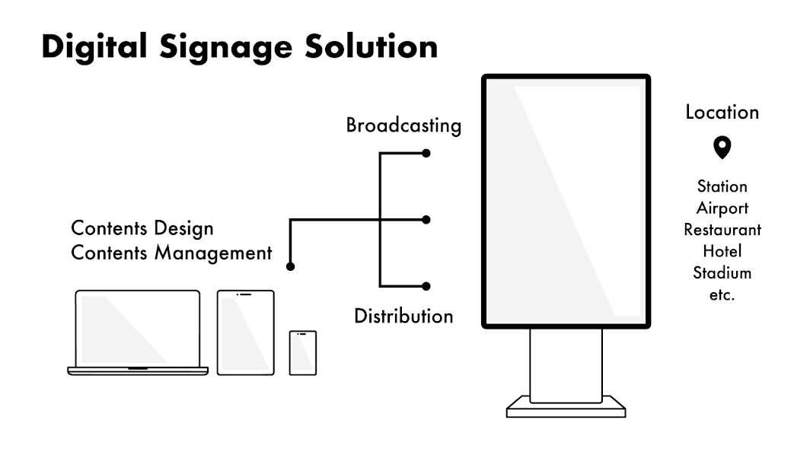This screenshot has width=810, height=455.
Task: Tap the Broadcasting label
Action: tap(403, 126)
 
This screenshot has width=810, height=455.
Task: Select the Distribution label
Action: tap(403, 315)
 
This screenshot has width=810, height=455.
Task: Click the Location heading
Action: tap(722, 113)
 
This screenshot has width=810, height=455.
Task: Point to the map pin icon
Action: tap(721, 146)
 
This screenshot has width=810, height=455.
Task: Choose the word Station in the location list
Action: tap(722, 186)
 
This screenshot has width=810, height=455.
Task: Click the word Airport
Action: tap(722, 208)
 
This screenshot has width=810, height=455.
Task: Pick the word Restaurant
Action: tap(722, 229)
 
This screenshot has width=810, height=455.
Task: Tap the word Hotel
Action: tap(722, 250)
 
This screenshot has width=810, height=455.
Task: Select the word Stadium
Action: tap(722, 272)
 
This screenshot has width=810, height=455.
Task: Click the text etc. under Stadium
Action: tap(722, 294)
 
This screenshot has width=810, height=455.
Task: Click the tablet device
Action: tap(245, 332)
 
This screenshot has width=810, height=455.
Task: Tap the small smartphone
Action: tap(302, 352)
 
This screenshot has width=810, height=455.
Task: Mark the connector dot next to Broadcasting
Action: tap(426, 154)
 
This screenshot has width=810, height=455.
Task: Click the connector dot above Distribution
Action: tap(426, 286)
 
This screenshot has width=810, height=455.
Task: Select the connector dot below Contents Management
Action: tap(290, 267)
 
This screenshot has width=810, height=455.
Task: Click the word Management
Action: tap(213, 253)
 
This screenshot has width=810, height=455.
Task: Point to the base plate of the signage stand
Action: tap(566, 407)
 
